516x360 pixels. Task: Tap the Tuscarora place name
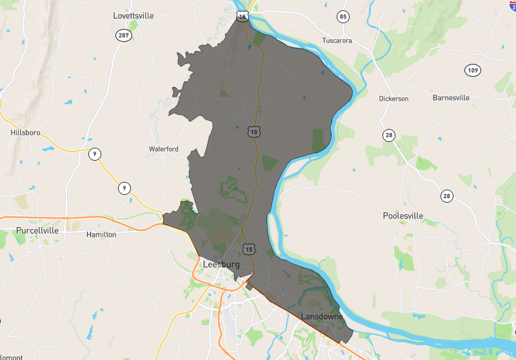(x=337, y=40)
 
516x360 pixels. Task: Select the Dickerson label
(x=393, y=99)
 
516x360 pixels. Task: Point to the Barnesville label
(x=451, y=98)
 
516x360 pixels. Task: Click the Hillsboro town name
(x=26, y=132)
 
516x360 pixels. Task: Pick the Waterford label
(x=164, y=149)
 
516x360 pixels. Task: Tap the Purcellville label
(x=37, y=230)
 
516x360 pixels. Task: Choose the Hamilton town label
(x=101, y=235)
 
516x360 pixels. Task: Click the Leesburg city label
(x=221, y=265)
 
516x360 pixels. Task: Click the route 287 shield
(x=124, y=35)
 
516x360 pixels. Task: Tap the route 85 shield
(x=342, y=16)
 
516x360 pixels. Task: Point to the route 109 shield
(x=473, y=70)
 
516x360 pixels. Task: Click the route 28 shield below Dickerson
(x=388, y=135)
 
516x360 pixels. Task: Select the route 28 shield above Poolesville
(x=446, y=195)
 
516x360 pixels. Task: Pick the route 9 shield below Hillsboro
(x=95, y=154)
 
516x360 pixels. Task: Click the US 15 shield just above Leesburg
(x=249, y=248)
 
